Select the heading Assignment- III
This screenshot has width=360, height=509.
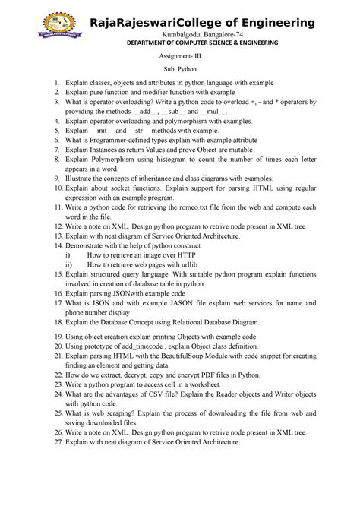180,58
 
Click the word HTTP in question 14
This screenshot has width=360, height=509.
198,256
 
